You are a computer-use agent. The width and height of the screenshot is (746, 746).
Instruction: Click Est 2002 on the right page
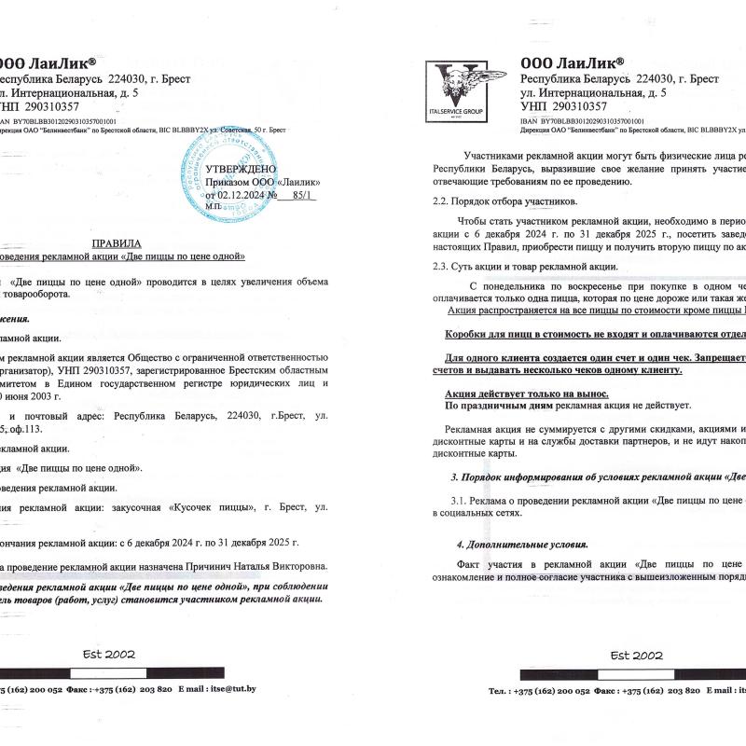coord(635,655)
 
